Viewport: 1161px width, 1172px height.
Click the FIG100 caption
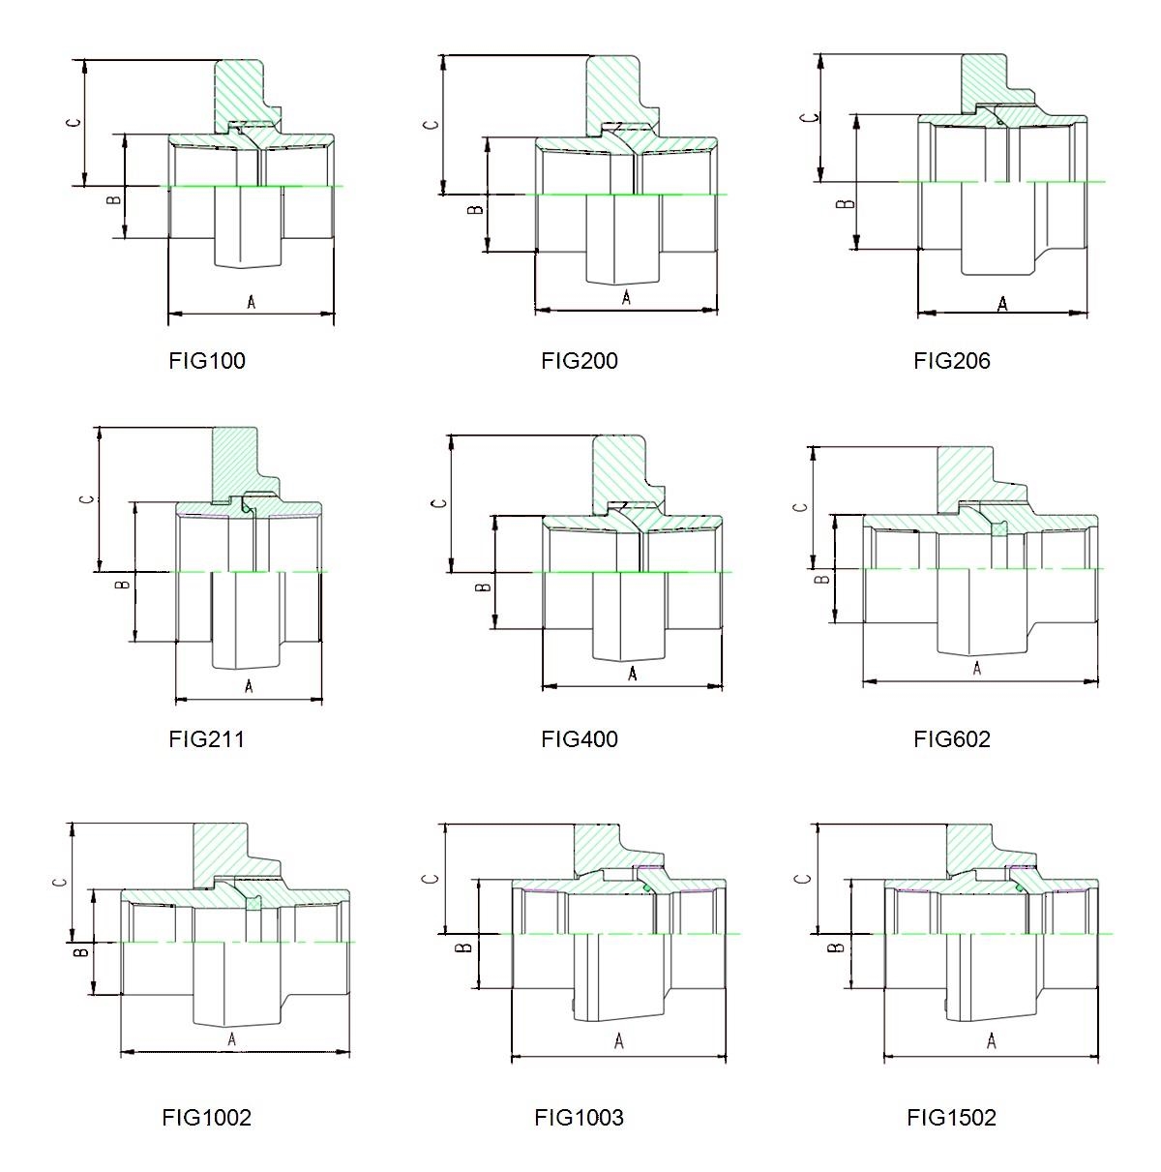coord(207,361)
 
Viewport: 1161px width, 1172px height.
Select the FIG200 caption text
coord(579,361)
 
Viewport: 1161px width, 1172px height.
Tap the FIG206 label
coord(951,361)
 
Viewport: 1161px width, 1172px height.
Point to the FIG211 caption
coord(206,739)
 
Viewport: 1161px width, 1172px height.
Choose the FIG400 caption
coord(579,739)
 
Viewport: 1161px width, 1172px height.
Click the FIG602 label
coord(951,739)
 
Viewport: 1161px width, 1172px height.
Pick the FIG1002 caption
coord(206,1117)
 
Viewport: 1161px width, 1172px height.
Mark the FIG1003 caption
coord(579,1117)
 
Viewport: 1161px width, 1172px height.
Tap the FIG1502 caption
coord(951,1117)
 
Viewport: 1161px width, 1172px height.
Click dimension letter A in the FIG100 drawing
coord(252,301)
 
